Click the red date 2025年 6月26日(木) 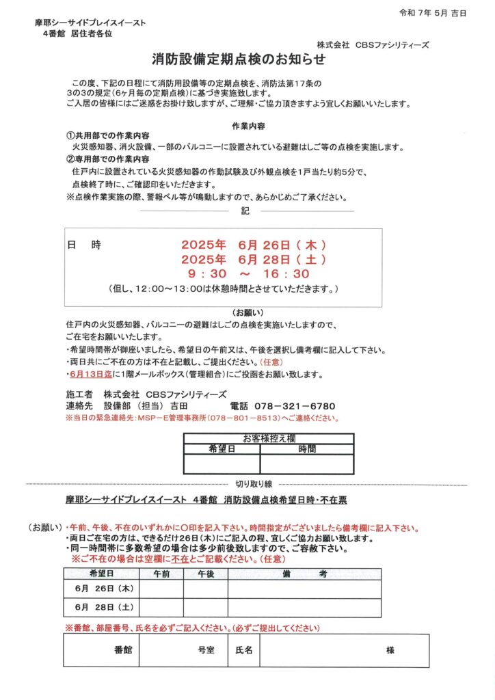(x=253, y=245)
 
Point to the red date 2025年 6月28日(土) (x=253, y=260)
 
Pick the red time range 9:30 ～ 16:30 (x=252, y=274)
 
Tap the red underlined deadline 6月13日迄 (x=93, y=375)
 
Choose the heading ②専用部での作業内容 (x=108, y=159)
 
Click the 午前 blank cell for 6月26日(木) (x=161, y=589)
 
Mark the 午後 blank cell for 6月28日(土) (x=205, y=607)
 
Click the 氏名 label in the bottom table (x=243, y=650)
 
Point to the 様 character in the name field (x=390, y=650)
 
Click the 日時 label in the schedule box (x=84, y=245)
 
